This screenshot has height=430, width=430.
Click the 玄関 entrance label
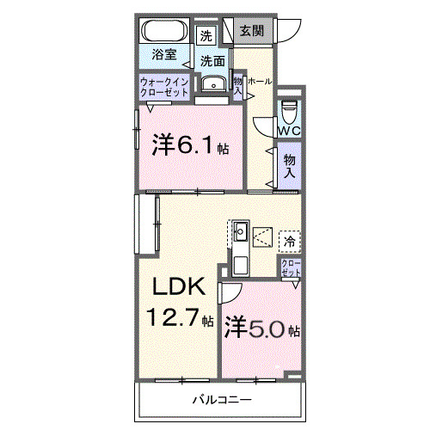tap(252, 31)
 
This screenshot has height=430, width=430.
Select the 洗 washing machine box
tap(206, 36)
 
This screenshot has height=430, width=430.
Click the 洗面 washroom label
tap(213, 61)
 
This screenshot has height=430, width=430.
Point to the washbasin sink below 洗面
tap(212, 83)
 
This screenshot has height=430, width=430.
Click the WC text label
tap(289, 130)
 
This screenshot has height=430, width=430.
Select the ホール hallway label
tap(260, 81)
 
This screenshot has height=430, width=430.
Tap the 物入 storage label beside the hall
tap(290, 165)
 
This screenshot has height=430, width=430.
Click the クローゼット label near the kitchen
tap(291, 267)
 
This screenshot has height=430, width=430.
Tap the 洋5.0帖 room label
tap(261, 328)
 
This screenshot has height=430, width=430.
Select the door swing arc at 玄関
tap(288, 33)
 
